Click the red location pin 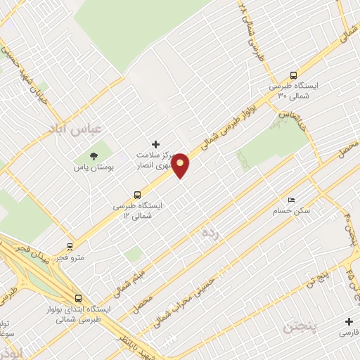click(181, 165)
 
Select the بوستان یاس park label click(92, 169)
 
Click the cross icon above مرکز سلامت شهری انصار click(156, 143)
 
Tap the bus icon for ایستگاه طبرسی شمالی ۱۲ click(137, 195)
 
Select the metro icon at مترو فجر click(70, 246)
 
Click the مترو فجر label click(70, 258)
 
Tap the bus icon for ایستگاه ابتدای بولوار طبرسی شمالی click(78, 297)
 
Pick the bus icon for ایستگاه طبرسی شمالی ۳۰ click(293, 75)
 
